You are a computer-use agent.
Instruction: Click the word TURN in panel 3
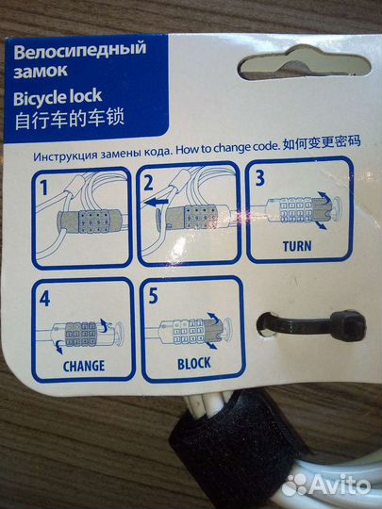tap(297, 246)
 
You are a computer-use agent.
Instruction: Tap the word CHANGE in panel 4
tap(84, 366)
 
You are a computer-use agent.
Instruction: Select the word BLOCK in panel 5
tap(194, 364)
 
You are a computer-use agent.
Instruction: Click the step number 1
tap(43, 188)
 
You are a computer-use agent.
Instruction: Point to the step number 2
tap(148, 184)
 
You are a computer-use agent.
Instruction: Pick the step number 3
tap(260, 178)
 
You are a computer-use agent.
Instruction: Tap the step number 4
tap(44, 299)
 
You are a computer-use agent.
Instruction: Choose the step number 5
tap(154, 296)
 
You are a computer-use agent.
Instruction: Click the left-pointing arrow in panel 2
tap(156, 203)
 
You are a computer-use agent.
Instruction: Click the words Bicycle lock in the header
tap(58, 97)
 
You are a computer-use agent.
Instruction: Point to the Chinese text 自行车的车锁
tap(70, 120)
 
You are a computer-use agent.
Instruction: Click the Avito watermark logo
tap(325, 485)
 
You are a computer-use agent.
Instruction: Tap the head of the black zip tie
tap(349, 325)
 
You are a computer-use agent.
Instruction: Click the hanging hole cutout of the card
tap(305, 63)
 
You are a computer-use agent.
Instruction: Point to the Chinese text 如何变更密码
tap(322, 143)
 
